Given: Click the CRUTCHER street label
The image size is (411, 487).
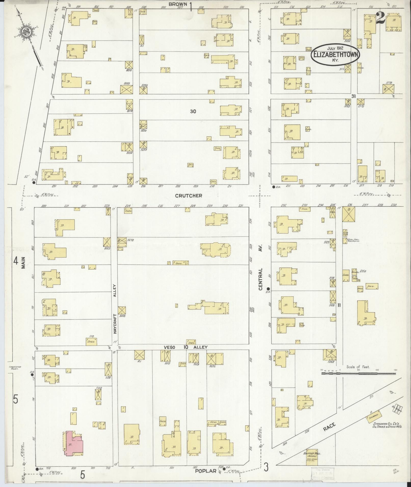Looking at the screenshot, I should click(x=189, y=196).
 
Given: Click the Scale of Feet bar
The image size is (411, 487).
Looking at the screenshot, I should click(x=358, y=373).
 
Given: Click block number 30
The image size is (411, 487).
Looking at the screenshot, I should click(x=193, y=111).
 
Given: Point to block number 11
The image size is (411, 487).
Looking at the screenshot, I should click(x=339, y=305).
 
